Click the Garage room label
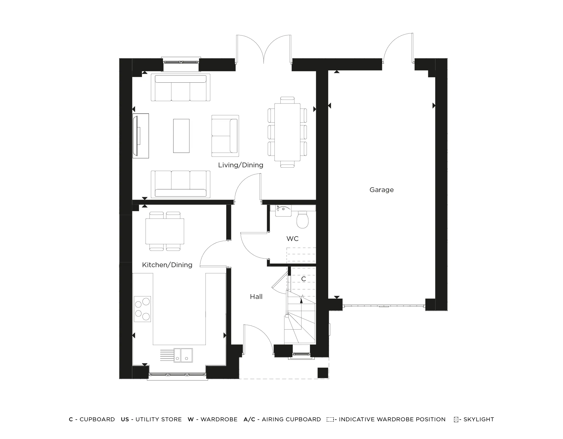click(x=381, y=190)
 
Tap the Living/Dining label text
click(x=241, y=165)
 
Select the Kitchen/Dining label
click(x=167, y=265)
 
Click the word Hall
click(x=256, y=297)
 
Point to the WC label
click(x=292, y=239)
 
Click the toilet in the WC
click(x=303, y=220)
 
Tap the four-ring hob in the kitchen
click(x=142, y=309)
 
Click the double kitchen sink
click(x=183, y=355)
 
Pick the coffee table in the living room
click(x=181, y=136)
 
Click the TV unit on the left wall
click(x=141, y=136)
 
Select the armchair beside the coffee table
click(x=225, y=136)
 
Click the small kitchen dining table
click(x=165, y=231)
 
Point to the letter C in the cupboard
click(x=303, y=279)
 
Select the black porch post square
click(x=323, y=373)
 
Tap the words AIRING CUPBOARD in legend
click(x=291, y=419)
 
